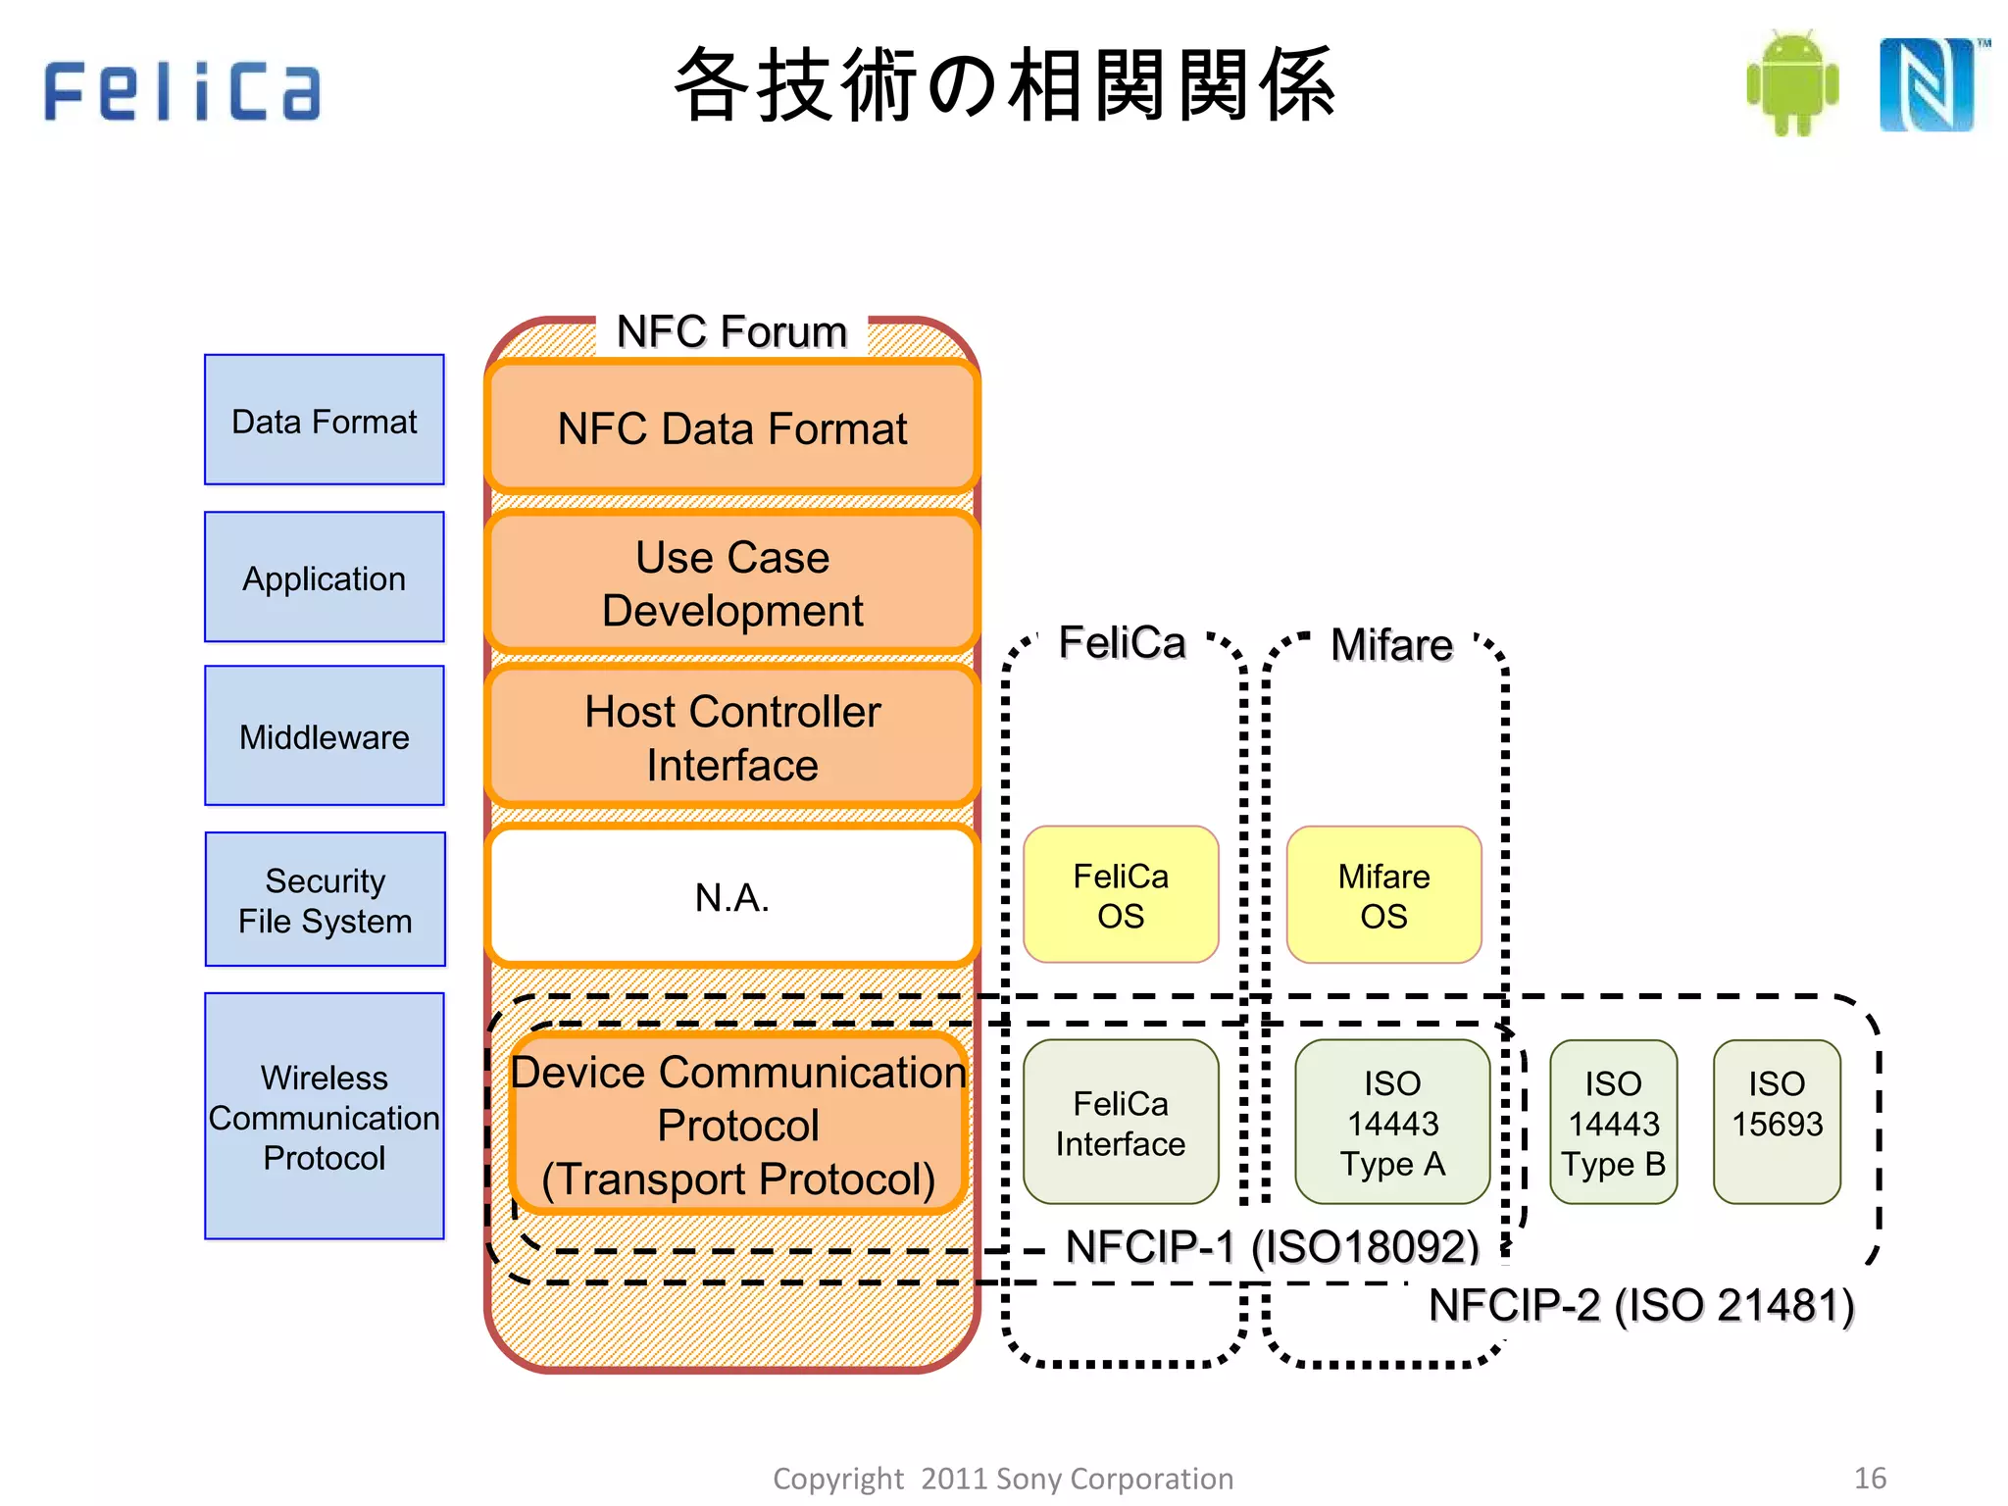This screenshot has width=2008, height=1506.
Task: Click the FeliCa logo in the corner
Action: point(182,90)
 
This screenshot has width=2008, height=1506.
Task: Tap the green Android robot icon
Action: point(1792,83)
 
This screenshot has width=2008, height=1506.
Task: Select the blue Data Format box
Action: point(325,420)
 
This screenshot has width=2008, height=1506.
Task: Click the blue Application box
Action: point(325,577)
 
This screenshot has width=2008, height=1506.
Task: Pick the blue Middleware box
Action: point(325,736)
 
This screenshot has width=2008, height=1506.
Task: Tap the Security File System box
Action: point(325,900)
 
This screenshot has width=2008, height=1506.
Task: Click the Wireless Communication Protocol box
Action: point(325,1117)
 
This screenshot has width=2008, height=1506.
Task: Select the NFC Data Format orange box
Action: point(732,428)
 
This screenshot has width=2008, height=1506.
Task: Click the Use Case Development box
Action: point(732,583)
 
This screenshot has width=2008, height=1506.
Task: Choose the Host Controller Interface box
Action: point(732,737)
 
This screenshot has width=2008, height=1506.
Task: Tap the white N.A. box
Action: point(732,896)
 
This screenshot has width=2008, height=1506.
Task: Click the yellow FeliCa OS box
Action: point(1121,895)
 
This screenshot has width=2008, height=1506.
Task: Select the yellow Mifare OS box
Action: point(1383,895)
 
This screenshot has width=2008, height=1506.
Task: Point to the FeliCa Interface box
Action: point(1121,1123)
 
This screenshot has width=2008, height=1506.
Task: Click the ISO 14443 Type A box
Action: point(1392,1123)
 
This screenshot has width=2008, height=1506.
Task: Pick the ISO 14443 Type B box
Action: point(1613,1123)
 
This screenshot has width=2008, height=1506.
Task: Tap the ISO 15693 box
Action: point(1777,1123)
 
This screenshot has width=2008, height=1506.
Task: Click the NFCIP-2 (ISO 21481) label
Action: point(1641,1306)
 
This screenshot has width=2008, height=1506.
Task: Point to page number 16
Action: point(1870,1478)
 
